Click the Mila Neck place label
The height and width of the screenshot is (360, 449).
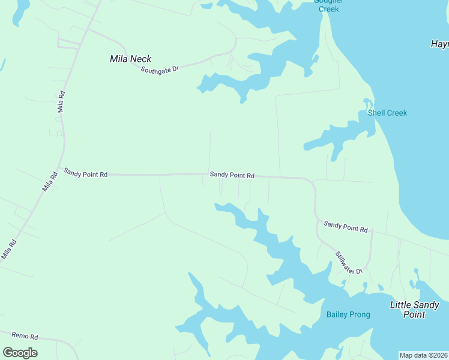tap(131, 59)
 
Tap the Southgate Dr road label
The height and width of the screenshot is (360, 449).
tap(160, 70)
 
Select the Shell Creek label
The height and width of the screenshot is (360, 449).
tap(387, 113)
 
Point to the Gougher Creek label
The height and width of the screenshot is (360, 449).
tap(328, 5)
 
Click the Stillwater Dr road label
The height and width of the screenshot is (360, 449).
tap(349, 263)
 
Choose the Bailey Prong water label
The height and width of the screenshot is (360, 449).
tap(348, 314)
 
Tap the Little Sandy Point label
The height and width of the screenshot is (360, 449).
tap(415, 310)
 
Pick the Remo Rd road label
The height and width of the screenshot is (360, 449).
tap(25, 337)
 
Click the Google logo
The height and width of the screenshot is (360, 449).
tap(20, 353)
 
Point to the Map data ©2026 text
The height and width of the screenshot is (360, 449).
tap(423, 355)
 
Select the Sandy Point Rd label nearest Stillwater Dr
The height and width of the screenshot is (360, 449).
tap(345, 227)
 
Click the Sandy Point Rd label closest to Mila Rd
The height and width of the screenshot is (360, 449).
tap(85, 173)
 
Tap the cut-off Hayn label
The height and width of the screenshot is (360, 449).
tap(440, 44)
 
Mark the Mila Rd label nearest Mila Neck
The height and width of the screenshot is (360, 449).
tap(60, 102)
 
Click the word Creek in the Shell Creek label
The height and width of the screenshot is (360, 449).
tap(396, 113)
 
